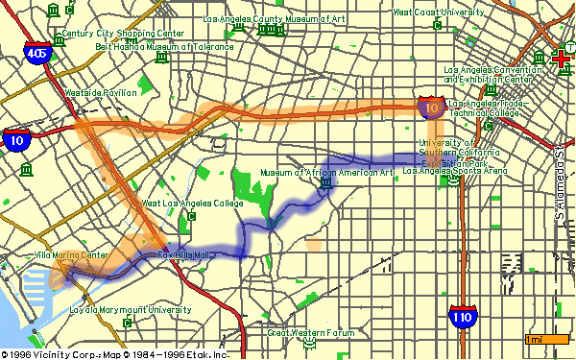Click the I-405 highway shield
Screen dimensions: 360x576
[36, 55]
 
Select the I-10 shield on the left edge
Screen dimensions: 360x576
[17, 139]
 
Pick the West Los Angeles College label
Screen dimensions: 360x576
[184, 204]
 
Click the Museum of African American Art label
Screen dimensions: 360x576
[327, 173]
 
